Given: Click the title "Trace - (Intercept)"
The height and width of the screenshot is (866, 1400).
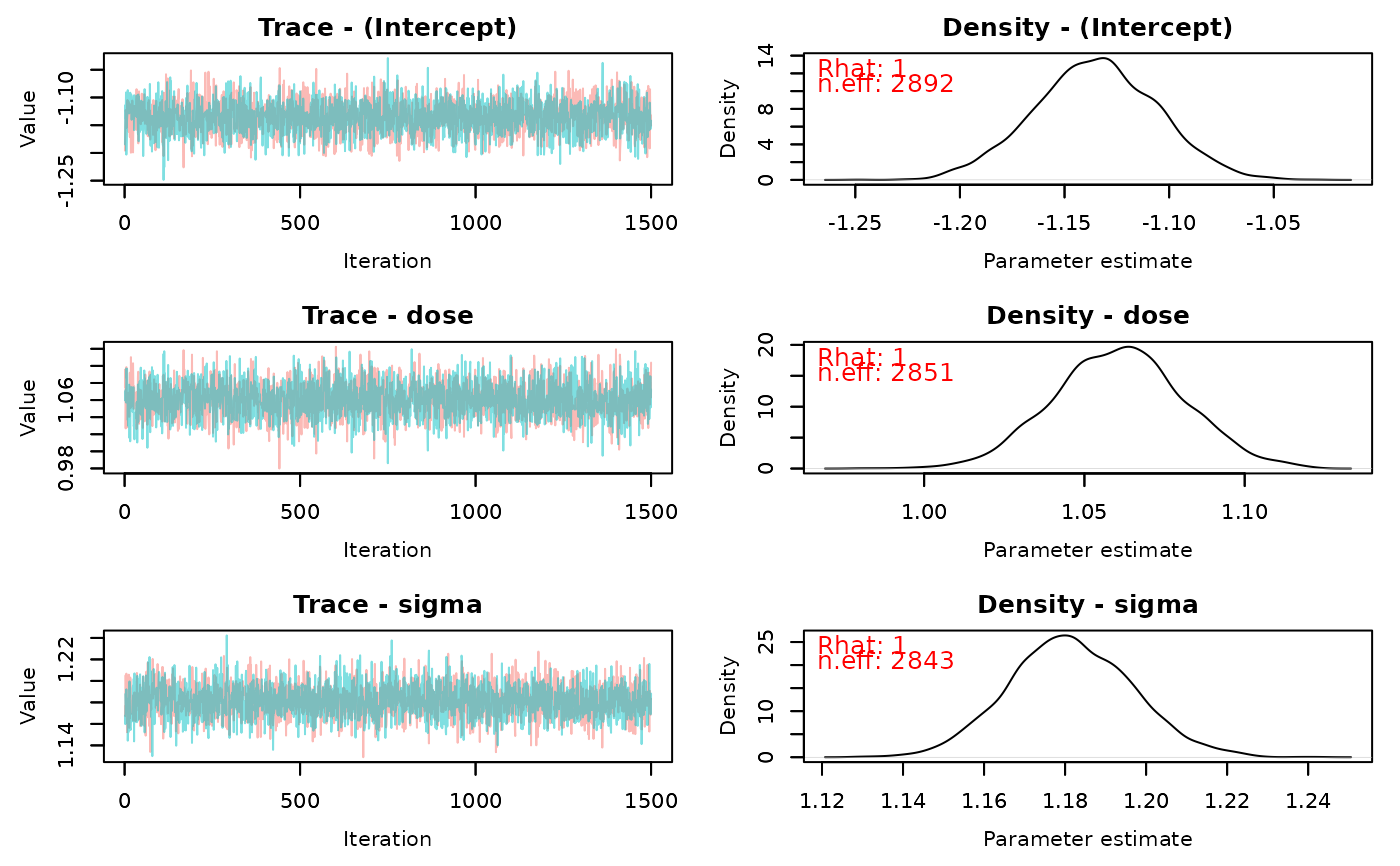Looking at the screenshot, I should coord(387,28).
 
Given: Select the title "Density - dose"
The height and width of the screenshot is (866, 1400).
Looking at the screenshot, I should coord(1087,316).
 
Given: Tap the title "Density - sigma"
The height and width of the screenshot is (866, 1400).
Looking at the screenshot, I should coord(1087,605).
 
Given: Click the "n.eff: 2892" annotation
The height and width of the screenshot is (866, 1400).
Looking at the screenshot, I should coord(885,84).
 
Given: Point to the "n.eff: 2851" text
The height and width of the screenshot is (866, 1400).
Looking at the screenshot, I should coord(885,373).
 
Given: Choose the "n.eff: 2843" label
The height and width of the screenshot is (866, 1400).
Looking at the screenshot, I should coord(885,661).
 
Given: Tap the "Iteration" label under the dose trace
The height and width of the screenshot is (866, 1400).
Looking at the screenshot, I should coord(387,549).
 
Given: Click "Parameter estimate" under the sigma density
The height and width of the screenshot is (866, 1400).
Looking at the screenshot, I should coord(1087,838).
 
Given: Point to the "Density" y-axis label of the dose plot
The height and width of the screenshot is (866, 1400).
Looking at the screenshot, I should coord(729,406).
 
